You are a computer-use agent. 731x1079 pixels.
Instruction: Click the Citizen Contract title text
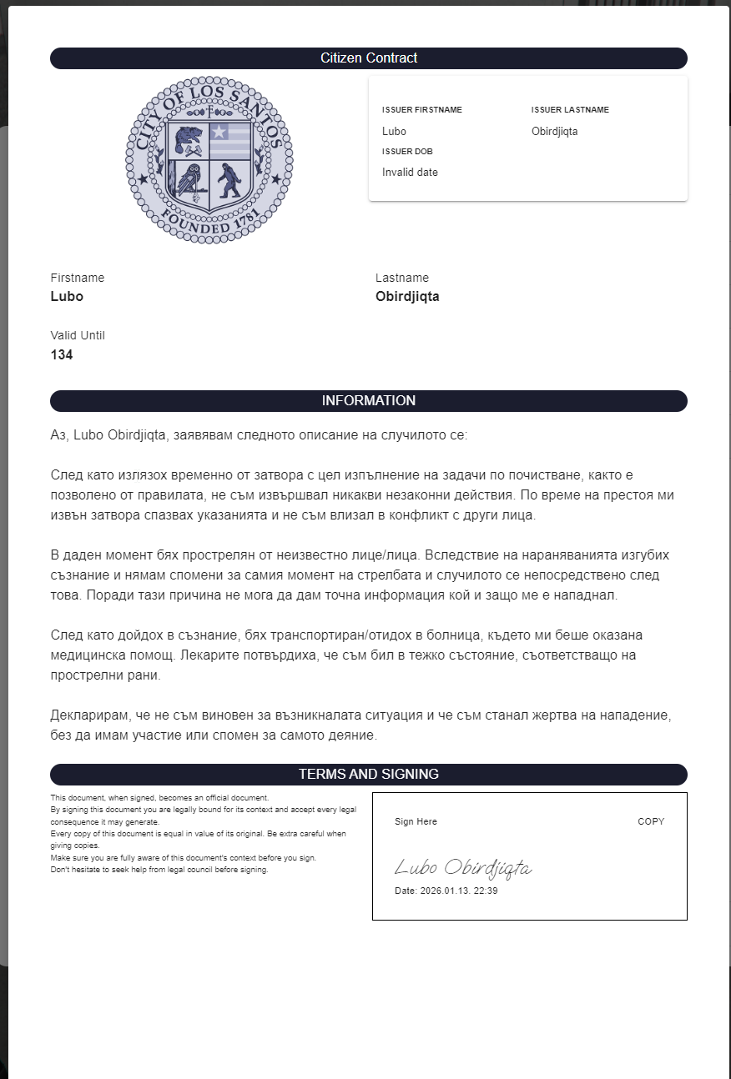[369, 58]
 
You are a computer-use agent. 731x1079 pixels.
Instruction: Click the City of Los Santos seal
[209, 159]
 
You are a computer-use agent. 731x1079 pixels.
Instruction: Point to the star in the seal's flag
[219, 131]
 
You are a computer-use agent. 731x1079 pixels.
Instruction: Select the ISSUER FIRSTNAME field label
[421, 110]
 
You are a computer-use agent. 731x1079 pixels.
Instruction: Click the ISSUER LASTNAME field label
[570, 110]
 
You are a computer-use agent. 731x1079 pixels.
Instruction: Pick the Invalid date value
[410, 173]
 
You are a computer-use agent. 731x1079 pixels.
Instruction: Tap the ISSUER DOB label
[407, 152]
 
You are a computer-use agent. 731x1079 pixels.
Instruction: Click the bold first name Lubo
[67, 296]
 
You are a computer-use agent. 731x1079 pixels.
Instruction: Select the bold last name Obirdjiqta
[407, 296]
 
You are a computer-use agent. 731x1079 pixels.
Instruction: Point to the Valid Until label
[78, 335]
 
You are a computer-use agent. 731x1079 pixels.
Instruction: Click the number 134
[62, 354]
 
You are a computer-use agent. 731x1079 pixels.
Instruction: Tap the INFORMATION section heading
[369, 401]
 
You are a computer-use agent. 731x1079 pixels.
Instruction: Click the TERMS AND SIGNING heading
[369, 775]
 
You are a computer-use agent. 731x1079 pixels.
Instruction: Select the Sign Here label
[416, 821]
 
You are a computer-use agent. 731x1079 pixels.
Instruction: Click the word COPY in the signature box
[651, 821]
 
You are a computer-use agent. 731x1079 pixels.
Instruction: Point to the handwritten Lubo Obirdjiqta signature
[463, 868]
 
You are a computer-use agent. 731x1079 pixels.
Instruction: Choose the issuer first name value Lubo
[394, 131]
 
